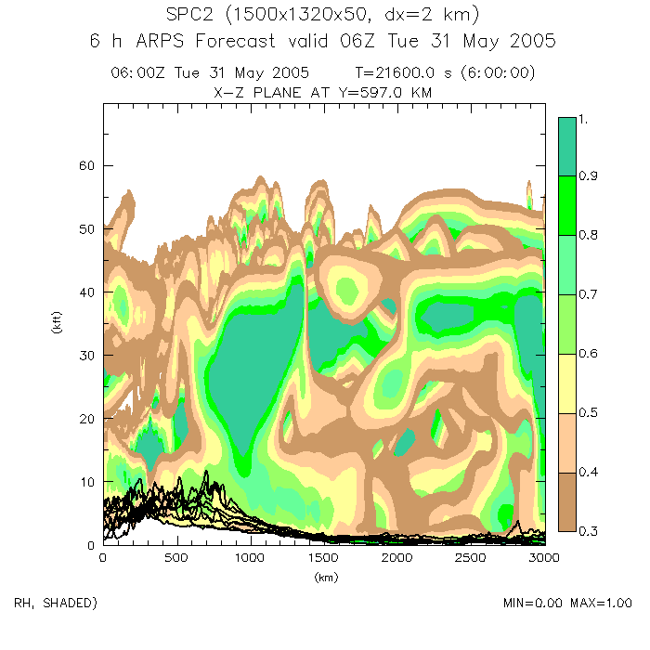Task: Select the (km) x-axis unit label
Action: click(323, 577)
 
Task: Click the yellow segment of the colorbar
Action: click(568, 383)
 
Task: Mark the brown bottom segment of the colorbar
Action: click(568, 501)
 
